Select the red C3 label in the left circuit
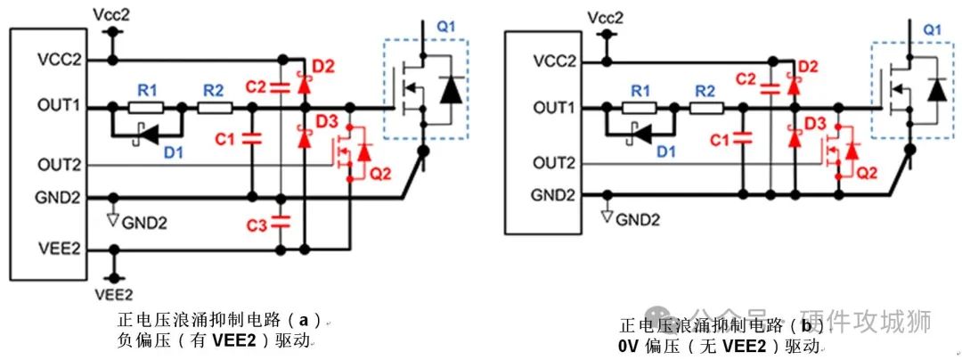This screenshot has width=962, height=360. pos(256,226)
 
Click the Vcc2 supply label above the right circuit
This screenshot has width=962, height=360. pos(607,18)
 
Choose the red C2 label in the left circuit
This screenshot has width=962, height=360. pos(256,86)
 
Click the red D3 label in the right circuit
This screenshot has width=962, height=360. pos(815,121)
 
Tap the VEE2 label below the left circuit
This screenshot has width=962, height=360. pos(113,294)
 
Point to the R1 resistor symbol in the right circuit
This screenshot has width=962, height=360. pos(638,108)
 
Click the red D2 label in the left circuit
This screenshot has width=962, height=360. pos(323,67)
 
